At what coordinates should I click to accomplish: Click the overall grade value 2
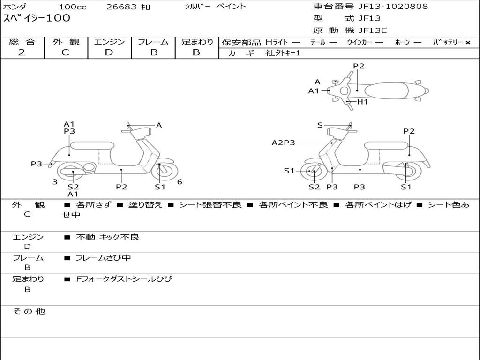pos(22,52)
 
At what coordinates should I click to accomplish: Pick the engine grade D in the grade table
pos(109,52)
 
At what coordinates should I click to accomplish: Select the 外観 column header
pos(66,42)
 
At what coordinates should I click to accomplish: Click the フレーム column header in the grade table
pos(153,42)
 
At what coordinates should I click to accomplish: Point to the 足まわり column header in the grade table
pos(197,42)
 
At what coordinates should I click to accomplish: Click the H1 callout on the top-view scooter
pos(363,102)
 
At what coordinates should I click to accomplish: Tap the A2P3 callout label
pos(283,142)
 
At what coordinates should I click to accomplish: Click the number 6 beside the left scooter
pos(180,182)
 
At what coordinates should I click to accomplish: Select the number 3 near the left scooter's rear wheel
pos(55,182)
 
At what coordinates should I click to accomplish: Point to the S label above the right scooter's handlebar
pos(320,125)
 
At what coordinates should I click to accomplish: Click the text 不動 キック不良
pos(108,237)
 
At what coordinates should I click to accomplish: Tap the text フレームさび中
pos(103,258)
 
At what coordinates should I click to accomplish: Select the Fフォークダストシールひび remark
pos(124,279)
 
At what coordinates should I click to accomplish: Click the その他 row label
pos(29,311)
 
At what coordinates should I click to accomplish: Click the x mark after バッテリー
pos(467,42)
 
